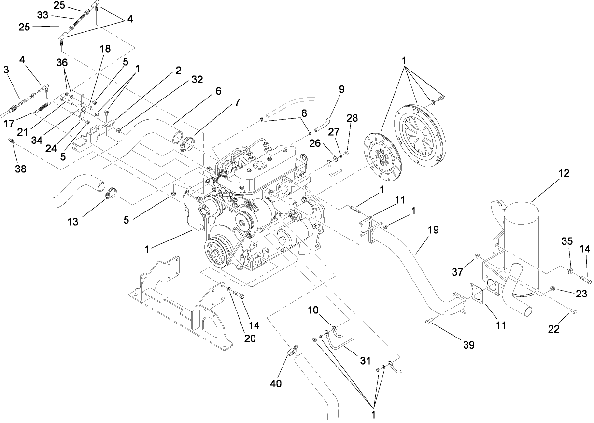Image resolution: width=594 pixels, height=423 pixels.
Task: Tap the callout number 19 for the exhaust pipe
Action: click(433, 230)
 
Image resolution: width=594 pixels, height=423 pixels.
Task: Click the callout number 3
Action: click(6, 70)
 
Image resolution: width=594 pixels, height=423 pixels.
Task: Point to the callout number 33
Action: click(42, 15)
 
